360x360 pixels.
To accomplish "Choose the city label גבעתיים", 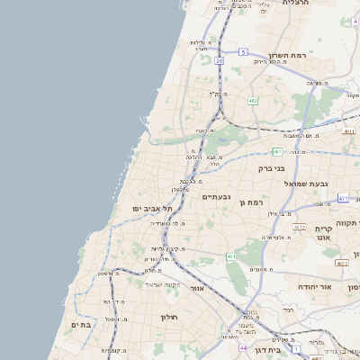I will tap(217, 196).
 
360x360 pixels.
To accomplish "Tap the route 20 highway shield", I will tap(219, 59).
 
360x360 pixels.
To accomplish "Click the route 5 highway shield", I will tap(243, 52).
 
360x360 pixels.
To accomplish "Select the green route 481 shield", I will tap(277, 151).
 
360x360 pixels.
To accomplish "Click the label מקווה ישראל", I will tap(192, 286).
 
